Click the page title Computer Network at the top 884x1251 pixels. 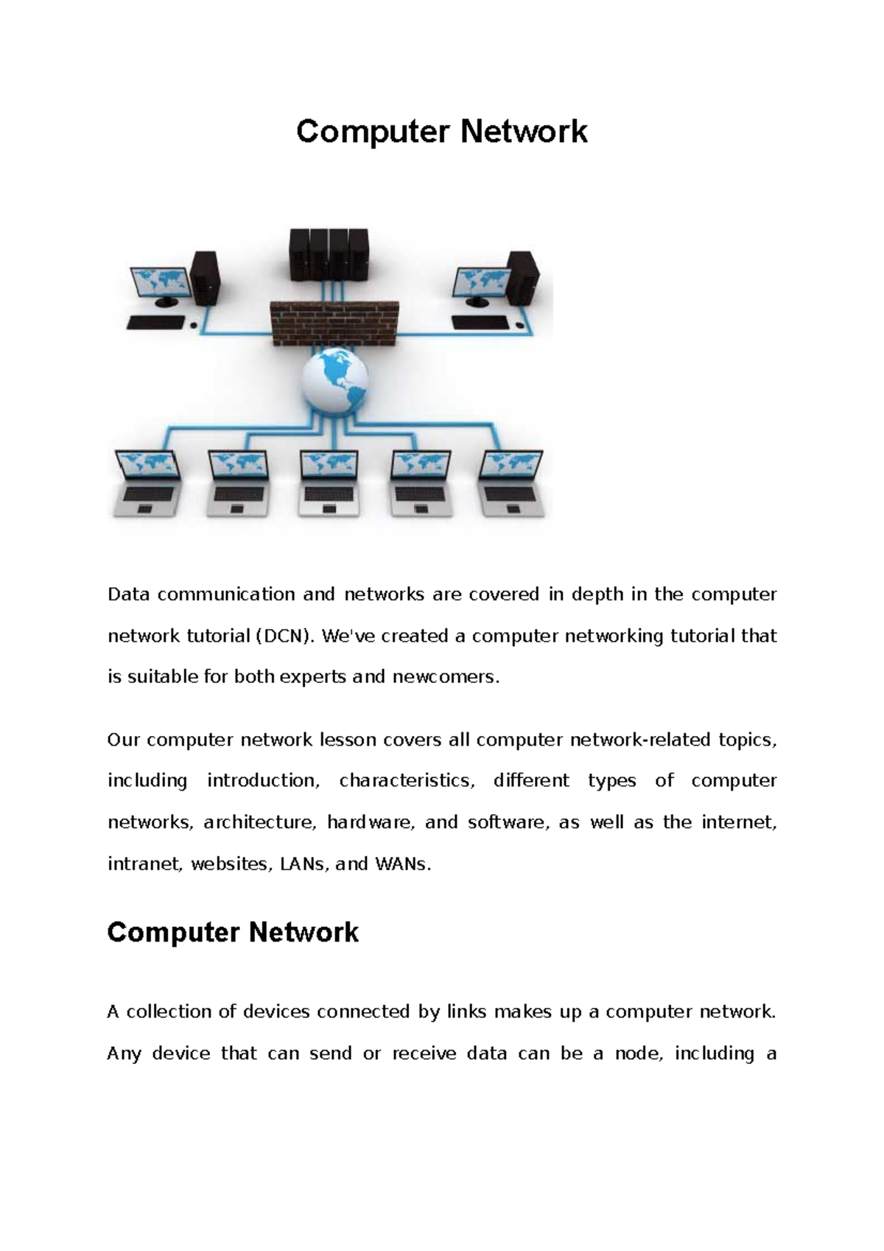pyautogui.click(x=441, y=132)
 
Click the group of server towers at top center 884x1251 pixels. pyautogui.click(x=327, y=254)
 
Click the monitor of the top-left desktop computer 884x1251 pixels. pyautogui.click(x=161, y=284)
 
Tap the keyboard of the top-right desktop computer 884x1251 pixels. pyautogui.click(x=480, y=322)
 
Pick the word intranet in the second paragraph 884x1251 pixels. pyautogui.click(x=144, y=864)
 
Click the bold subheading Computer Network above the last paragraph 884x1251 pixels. pyautogui.click(x=233, y=933)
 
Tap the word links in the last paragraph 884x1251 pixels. pyautogui.click(x=466, y=1012)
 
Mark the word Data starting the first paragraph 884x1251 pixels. pyautogui.click(x=128, y=595)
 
